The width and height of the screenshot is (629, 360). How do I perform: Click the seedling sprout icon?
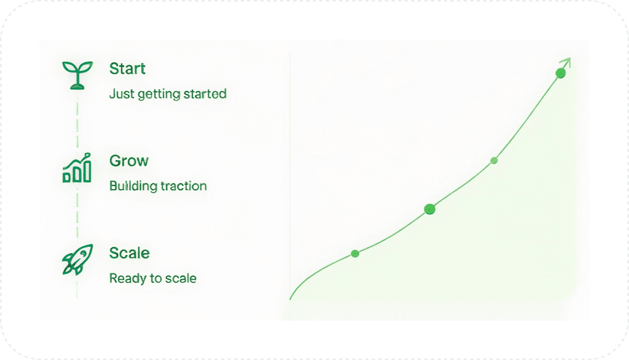coord(77,75)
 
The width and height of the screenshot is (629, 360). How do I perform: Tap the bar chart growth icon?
coord(77,168)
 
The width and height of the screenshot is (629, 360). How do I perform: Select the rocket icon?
coord(77,259)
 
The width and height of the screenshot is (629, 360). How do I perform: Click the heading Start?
coord(127,68)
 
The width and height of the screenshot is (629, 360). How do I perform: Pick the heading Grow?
coord(129,161)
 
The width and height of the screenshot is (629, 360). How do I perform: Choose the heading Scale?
coord(129,253)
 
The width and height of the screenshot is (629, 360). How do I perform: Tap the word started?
coord(205,94)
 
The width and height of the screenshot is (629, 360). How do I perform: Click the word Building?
coord(134,186)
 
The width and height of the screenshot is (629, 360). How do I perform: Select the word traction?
coord(183,186)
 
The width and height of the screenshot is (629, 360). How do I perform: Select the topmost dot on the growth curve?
coord(561,73)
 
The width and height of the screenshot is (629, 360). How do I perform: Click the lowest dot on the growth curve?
coord(355,254)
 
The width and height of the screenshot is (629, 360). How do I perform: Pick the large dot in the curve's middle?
coord(430,209)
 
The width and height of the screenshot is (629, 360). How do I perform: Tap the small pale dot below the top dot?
coord(494,161)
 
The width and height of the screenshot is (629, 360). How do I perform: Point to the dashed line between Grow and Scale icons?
coord(77,213)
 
